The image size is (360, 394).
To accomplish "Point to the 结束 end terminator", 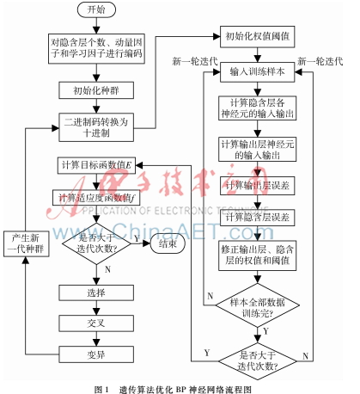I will (167, 244).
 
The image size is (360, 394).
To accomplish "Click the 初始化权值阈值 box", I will (253, 39).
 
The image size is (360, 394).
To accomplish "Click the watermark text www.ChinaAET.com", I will (172, 232).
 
